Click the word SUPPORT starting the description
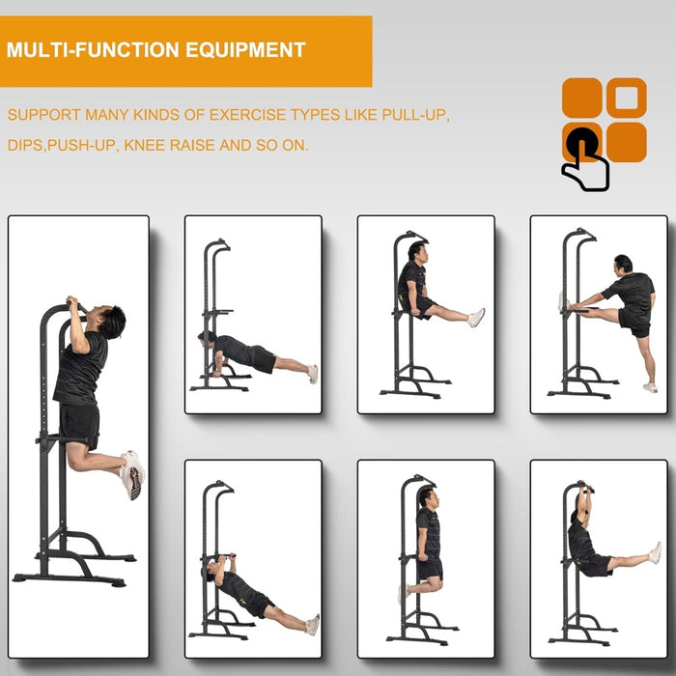tap(44, 115)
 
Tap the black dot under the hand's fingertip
tap(581, 141)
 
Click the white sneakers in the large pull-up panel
tap(132, 474)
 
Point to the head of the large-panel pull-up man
tap(111, 321)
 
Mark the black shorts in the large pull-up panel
tap(79, 425)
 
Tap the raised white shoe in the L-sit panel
tap(475, 317)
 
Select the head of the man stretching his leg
tap(623, 264)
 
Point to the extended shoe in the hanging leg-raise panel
tap(656, 552)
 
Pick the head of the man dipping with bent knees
tap(426, 497)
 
